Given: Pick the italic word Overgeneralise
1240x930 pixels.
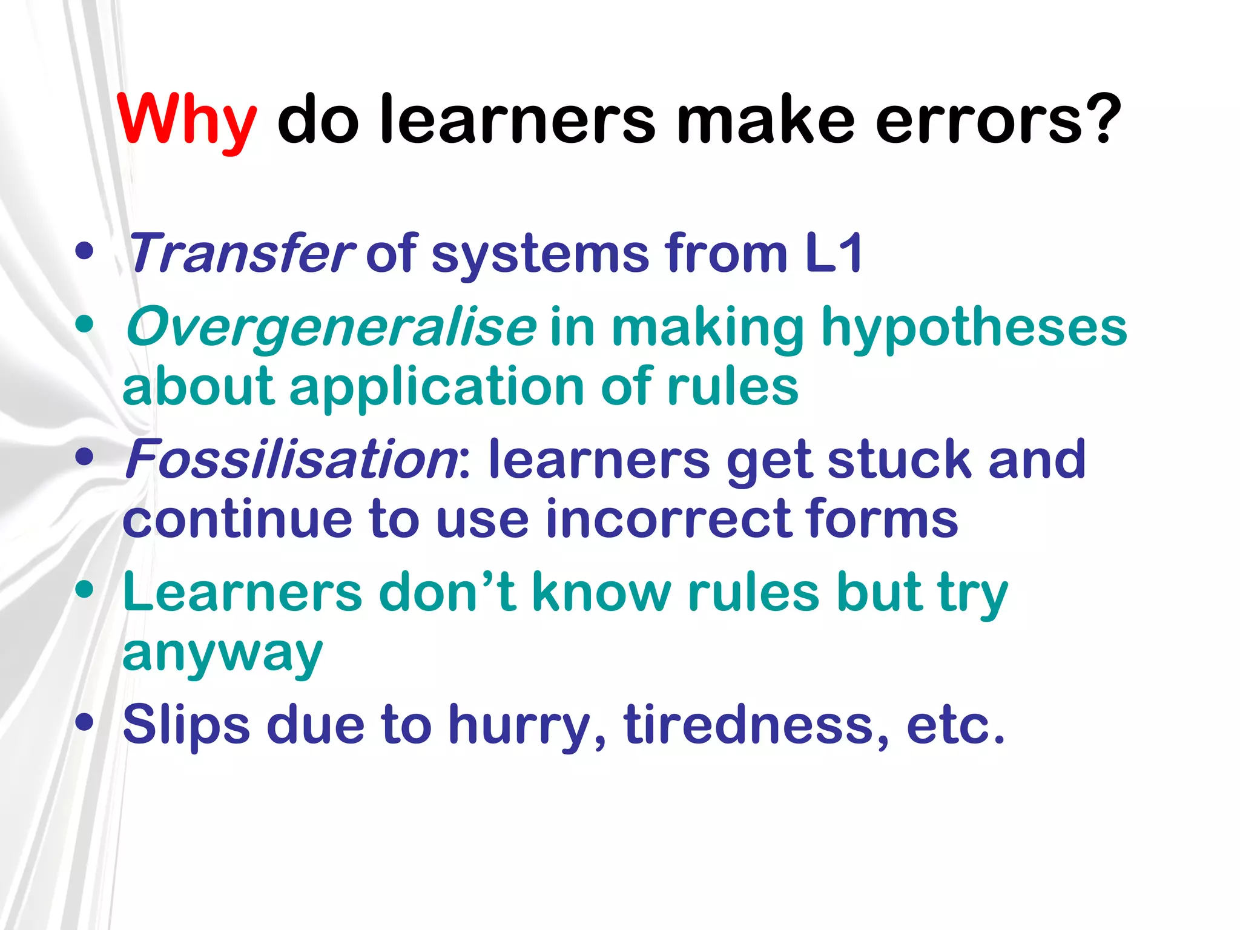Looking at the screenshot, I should (331, 328).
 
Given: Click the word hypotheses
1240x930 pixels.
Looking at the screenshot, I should (974, 328).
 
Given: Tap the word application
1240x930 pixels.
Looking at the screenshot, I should (437, 387).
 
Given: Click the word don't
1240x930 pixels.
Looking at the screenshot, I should (447, 592).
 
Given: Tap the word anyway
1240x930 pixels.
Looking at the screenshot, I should (222, 654).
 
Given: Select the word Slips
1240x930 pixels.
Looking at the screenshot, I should (186, 724).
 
